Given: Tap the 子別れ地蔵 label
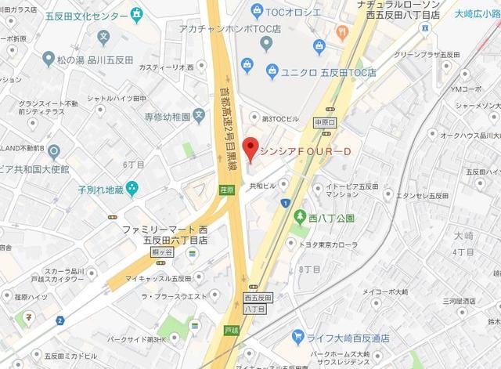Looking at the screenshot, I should tap(100, 189).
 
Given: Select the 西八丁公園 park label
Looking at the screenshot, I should tap(330, 217).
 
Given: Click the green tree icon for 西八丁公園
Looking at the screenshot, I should tap(300, 217).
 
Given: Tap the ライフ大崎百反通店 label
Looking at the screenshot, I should tap(347, 337).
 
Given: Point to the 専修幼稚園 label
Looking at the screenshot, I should tap(167, 118).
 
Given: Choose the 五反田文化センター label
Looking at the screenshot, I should tap(83, 15).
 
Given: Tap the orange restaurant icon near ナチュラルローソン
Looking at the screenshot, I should tap(341, 32).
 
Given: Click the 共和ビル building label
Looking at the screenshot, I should tap(263, 186).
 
